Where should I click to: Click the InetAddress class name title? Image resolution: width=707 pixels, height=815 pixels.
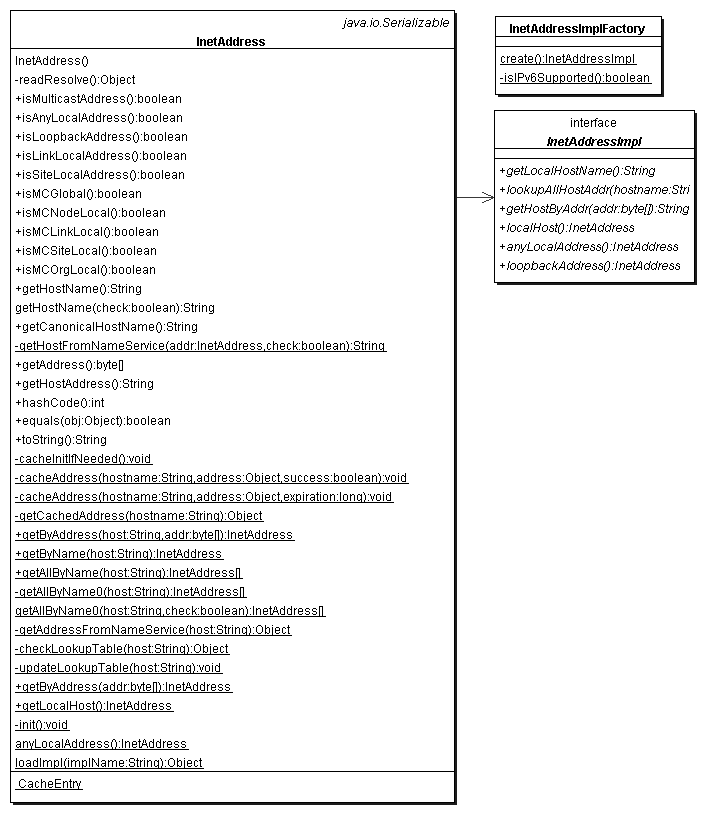coord(231,42)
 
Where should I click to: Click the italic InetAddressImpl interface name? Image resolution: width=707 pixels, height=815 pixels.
coord(593,141)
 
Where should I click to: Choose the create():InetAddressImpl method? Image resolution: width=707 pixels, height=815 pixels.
coord(567,59)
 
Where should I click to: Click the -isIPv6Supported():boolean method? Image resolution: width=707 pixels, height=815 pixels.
coord(575,78)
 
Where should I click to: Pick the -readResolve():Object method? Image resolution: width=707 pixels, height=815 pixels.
coord(75,80)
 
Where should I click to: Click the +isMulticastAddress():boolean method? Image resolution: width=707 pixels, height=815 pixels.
coord(98,99)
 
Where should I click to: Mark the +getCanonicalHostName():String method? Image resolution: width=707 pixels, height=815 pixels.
coord(106,327)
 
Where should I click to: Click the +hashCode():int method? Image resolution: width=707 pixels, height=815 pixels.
coord(59,403)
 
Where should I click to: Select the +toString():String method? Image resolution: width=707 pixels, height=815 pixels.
coord(60,440)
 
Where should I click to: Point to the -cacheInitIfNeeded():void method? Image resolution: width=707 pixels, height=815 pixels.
coord(83,459)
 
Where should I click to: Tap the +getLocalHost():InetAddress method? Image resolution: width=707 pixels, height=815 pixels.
coord(94,706)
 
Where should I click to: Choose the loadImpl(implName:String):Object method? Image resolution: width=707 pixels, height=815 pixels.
coord(109,763)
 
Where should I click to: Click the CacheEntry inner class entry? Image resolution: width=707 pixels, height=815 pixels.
coord(50,784)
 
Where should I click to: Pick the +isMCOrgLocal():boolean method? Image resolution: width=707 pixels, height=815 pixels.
coord(85,270)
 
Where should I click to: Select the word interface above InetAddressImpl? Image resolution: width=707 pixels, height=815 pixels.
coord(593,123)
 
